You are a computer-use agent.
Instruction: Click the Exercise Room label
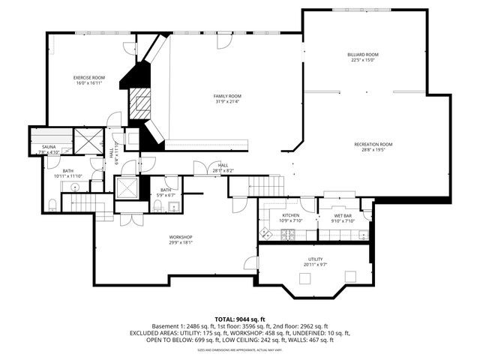point(88,78)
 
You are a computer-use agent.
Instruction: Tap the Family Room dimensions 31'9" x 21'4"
point(227,102)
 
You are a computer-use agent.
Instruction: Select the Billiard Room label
point(362,55)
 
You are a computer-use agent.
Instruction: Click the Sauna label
point(49,147)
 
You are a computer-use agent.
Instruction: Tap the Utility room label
point(315,259)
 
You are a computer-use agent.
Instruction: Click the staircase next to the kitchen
point(267,183)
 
